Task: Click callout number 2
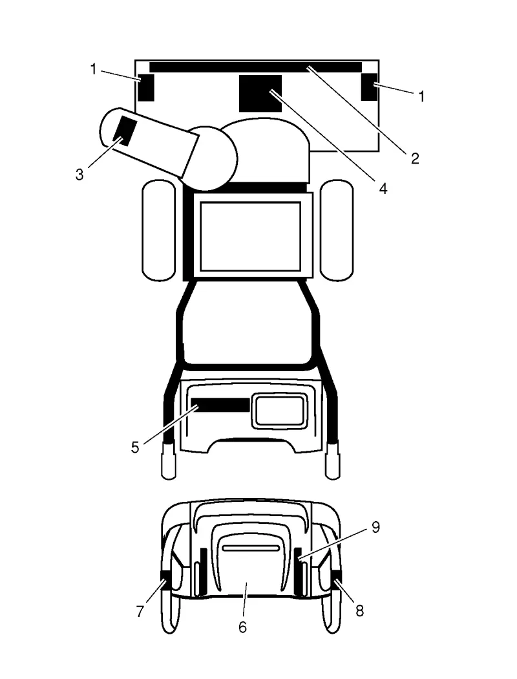tap(415, 158)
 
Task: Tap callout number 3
tap(79, 175)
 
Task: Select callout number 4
tap(383, 188)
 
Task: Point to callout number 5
tap(135, 447)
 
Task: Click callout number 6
tap(243, 627)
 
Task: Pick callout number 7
tap(140, 612)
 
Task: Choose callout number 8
tap(359, 611)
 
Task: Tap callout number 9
tap(375, 527)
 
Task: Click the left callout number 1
tap(93, 69)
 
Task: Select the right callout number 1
tap(421, 96)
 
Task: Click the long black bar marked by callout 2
tap(256, 67)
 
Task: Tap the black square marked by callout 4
tap(260, 93)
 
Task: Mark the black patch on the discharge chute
tap(125, 131)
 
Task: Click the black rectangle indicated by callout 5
tap(220, 405)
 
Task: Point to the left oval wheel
tap(159, 230)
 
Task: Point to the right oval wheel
tap(337, 230)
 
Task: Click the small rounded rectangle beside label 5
tap(279, 411)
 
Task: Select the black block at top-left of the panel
tap(146, 87)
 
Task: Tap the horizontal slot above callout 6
tap(251, 548)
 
